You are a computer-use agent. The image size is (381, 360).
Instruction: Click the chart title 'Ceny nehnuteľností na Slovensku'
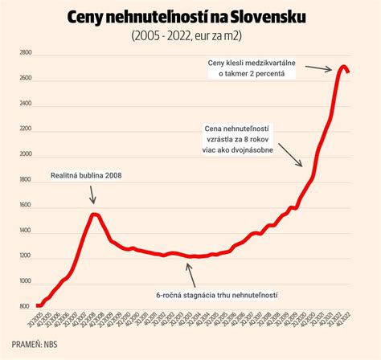190,17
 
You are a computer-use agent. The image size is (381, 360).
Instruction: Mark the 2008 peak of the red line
94,214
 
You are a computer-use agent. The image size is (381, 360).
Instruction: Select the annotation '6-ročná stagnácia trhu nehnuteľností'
218,295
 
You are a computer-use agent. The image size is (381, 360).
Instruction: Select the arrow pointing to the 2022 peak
322,68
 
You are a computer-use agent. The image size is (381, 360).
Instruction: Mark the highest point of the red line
342,67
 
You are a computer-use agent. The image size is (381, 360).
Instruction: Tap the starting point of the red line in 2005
36,306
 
